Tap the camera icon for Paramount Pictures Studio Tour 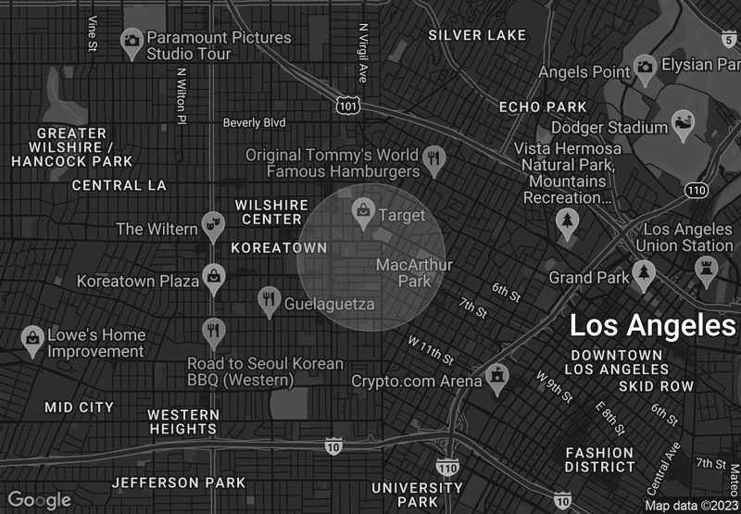coord(132,39)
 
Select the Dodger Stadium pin coord(684,124)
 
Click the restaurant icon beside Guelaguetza coord(269,299)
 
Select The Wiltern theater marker coord(213,224)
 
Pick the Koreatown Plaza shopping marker coord(214,277)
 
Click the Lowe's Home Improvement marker coord(32,339)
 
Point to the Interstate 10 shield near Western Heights coord(333,447)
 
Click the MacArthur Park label coord(414,272)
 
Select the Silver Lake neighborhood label coord(477,35)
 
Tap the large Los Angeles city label coord(652,326)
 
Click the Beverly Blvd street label coord(254,122)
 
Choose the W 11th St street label coord(431,349)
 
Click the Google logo coord(40,500)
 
